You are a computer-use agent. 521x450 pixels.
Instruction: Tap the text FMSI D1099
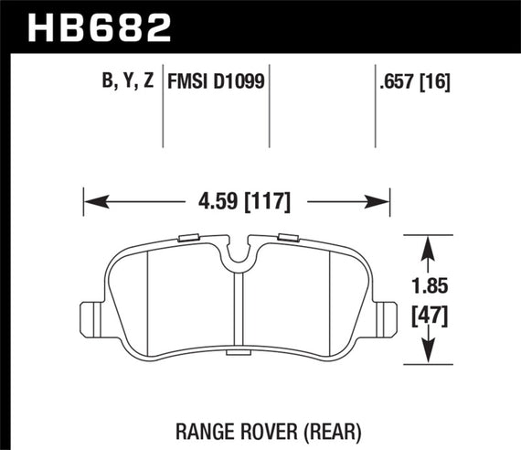coord(215,81)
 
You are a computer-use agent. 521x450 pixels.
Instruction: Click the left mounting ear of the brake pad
coord(92,318)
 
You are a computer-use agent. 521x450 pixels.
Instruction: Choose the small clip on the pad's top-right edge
coord(286,240)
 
